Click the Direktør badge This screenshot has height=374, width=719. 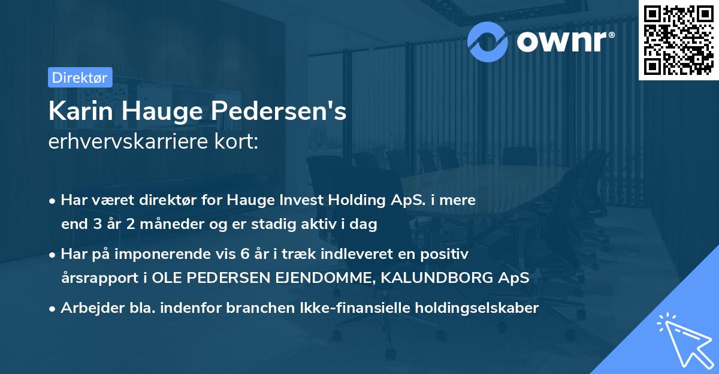pyautogui.click(x=79, y=77)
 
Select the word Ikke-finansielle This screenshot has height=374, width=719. pyautogui.click(x=343, y=308)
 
